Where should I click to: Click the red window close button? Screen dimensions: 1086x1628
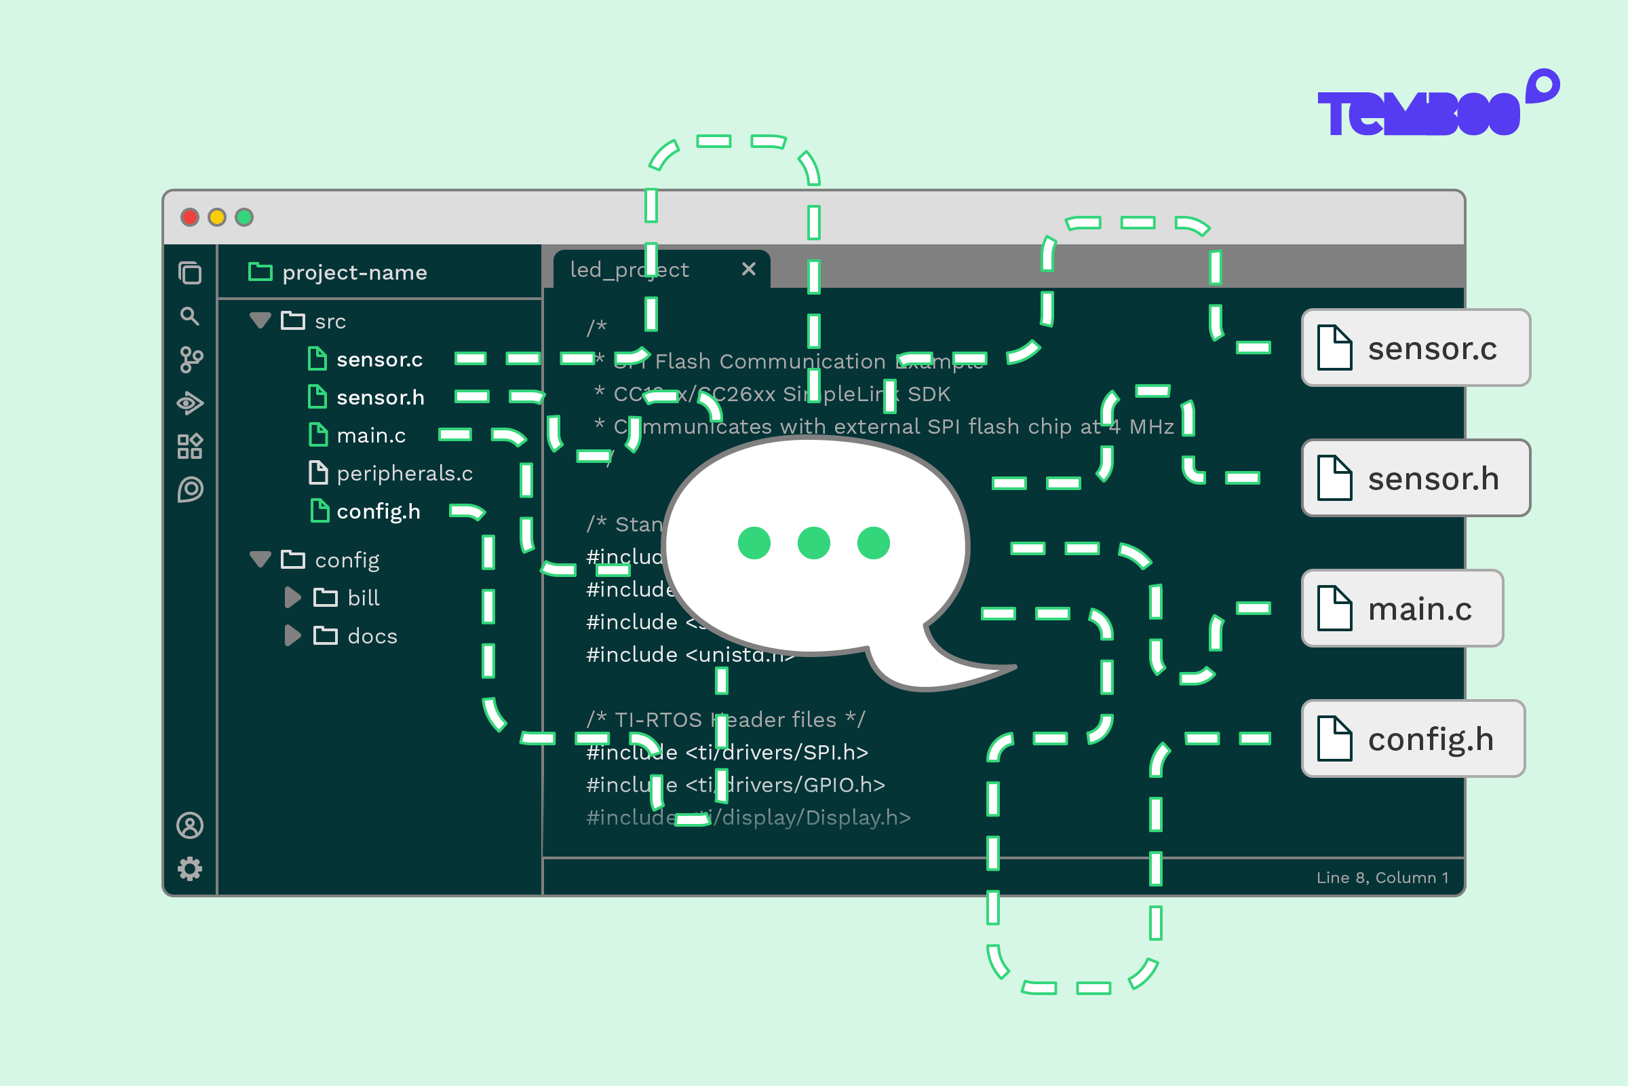coord(190,217)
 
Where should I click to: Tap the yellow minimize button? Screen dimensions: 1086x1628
coord(216,217)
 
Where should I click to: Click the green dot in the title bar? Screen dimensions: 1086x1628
coord(244,217)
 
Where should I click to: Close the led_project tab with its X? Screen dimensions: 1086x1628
coord(748,269)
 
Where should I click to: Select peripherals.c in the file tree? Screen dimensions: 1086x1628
coord(404,474)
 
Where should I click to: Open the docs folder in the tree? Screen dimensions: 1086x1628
coord(372,636)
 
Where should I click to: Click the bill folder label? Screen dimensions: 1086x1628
coord(364,598)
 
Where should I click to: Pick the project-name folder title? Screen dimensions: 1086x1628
coord(353,273)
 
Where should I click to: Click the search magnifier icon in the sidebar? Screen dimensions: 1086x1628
coord(189,316)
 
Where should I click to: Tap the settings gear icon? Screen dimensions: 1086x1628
coord(190,869)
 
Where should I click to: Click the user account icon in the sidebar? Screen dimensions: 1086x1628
coord(190,825)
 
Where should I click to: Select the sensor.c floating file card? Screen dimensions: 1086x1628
coord(1415,348)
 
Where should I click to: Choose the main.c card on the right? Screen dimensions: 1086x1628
coord(1401,608)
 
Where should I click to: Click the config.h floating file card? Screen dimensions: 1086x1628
coord(1413,738)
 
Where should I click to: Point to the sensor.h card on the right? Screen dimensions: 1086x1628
coord(1415,478)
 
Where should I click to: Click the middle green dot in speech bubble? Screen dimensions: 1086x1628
coord(813,543)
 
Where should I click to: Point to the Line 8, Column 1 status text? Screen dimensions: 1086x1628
coord(1382,878)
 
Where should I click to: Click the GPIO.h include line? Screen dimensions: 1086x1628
coord(735,785)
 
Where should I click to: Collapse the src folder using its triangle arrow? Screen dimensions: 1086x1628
coord(260,320)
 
